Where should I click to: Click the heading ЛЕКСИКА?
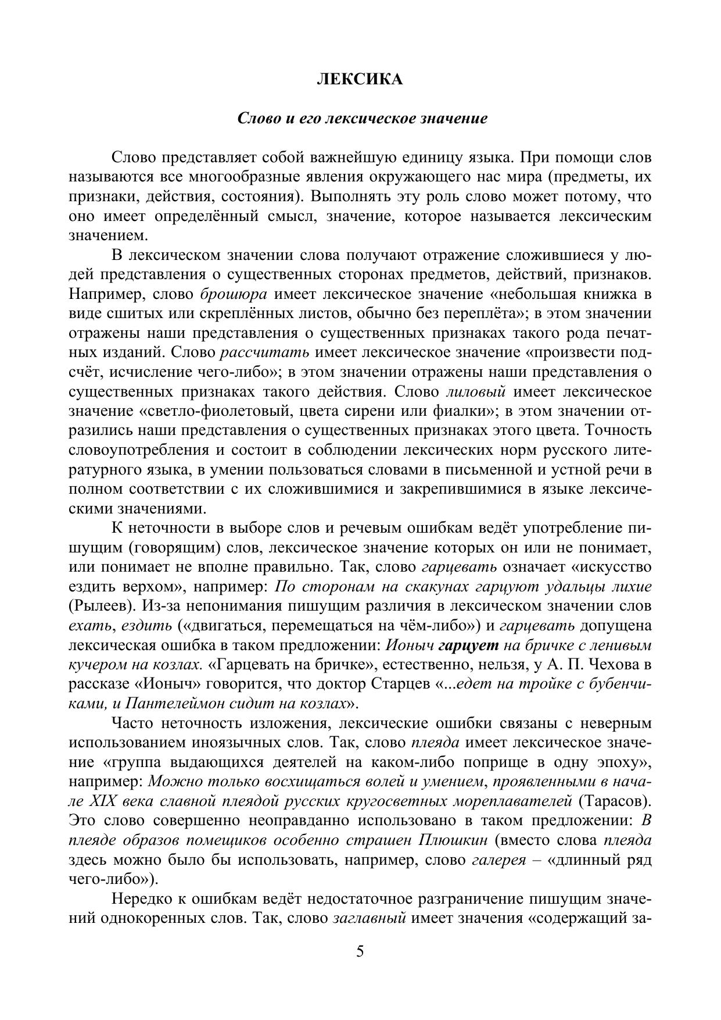pyautogui.click(x=360, y=80)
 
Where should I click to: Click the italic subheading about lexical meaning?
pyautogui.click(x=362, y=119)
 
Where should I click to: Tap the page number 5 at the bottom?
pyautogui.click(x=360, y=951)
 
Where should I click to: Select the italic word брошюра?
pyautogui.click(x=234, y=294)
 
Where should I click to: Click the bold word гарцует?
pyautogui.click(x=469, y=645)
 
